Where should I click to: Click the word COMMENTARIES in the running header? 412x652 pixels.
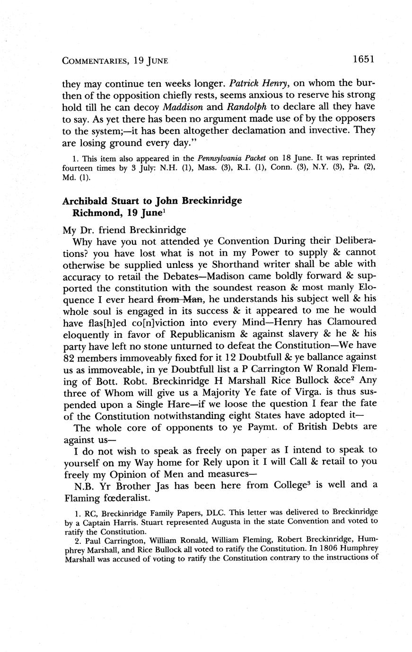point(94,60)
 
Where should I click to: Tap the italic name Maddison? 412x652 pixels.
point(184,107)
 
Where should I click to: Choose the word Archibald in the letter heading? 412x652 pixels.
point(84,200)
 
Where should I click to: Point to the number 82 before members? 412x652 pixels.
point(69,356)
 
